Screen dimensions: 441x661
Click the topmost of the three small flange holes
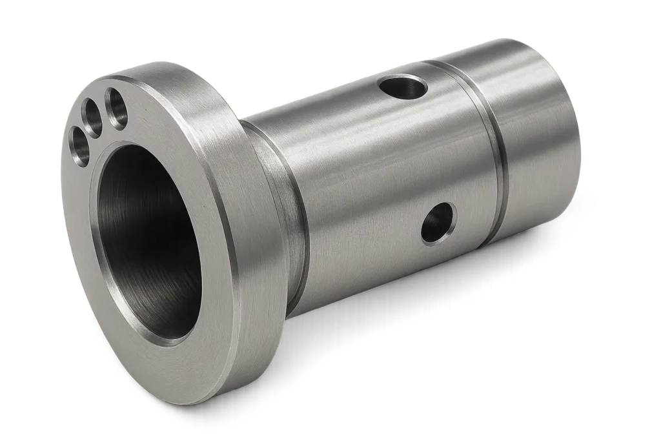point(117,107)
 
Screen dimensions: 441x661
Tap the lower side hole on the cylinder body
point(438,223)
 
